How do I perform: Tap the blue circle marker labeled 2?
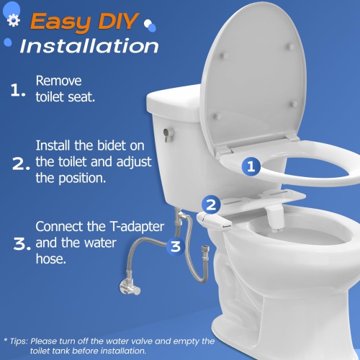click(x=211, y=204)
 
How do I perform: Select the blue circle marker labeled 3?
click(x=175, y=248)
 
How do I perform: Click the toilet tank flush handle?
click(x=166, y=134)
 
